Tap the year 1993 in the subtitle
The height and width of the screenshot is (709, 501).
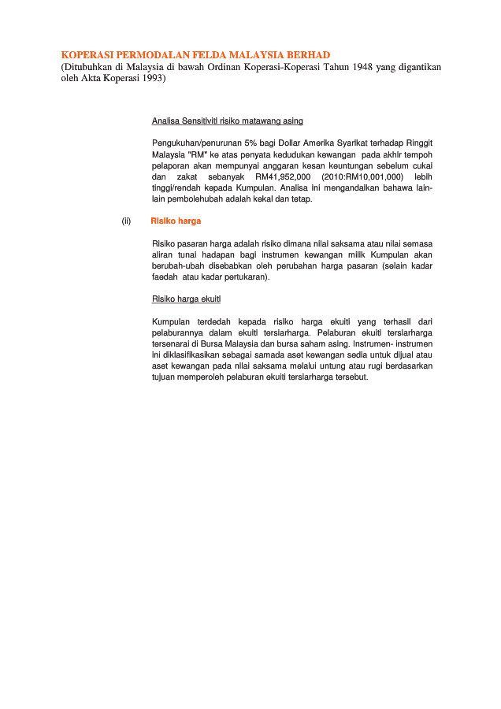point(149,80)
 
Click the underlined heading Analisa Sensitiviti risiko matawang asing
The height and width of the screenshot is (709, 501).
point(227,121)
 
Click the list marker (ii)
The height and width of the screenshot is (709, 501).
point(126,221)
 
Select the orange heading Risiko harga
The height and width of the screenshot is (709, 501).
point(176,221)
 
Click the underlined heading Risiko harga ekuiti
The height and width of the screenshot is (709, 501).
point(186,299)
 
